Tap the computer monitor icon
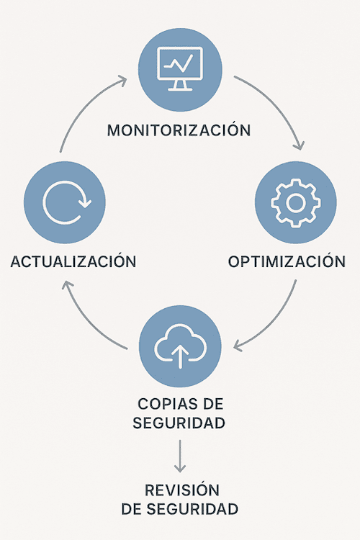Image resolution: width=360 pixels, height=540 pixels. point(180,68)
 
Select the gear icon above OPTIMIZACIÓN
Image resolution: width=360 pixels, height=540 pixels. point(296,203)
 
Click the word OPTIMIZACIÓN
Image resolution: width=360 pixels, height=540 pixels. point(287,261)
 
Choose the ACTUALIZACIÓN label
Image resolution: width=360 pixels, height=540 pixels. point(73,261)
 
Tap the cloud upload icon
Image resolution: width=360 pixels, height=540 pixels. point(180,346)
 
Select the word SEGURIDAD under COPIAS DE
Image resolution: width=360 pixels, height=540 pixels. point(179,423)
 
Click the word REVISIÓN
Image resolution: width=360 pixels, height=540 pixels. point(182,490)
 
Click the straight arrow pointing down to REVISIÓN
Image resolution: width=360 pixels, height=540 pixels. point(180,456)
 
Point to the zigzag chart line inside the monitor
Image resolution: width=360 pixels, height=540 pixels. point(178,64)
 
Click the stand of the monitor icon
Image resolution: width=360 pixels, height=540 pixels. point(180,86)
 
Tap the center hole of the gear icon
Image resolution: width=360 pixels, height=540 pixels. point(296,203)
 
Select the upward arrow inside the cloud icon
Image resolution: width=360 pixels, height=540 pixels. point(180,356)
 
